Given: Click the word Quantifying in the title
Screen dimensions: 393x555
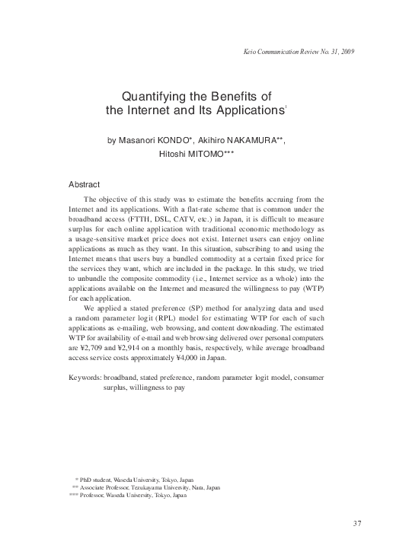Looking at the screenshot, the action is (x=151, y=97).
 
